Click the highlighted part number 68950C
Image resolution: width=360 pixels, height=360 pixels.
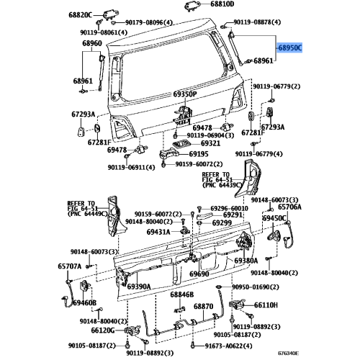(x=289, y=48)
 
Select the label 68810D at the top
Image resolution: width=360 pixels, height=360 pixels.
(x=222, y=4)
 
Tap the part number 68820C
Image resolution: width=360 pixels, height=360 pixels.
(x=80, y=15)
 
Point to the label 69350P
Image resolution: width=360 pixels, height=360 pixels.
(x=185, y=94)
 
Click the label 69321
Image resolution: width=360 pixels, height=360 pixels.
(x=210, y=143)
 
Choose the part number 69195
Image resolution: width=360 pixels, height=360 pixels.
(x=199, y=154)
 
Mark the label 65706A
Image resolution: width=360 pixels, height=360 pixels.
(x=289, y=207)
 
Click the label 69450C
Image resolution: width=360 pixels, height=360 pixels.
(x=274, y=218)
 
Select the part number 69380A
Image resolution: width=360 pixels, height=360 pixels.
(x=246, y=261)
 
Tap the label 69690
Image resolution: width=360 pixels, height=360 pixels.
(x=199, y=274)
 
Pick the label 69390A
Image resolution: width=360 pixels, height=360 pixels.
(x=139, y=287)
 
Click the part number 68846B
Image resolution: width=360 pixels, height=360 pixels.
(x=182, y=294)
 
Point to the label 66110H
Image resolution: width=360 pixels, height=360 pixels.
(x=266, y=305)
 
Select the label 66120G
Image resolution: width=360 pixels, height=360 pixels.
(x=103, y=330)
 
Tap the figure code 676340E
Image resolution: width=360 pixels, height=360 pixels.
(x=288, y=354)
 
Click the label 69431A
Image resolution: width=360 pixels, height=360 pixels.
(x=158, y=232)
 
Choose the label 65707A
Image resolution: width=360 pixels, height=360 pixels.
(x=69, y=266)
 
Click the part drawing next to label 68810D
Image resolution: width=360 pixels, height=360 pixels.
(x=192, y=6)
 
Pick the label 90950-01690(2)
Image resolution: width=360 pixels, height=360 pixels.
(x=256, y=287)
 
